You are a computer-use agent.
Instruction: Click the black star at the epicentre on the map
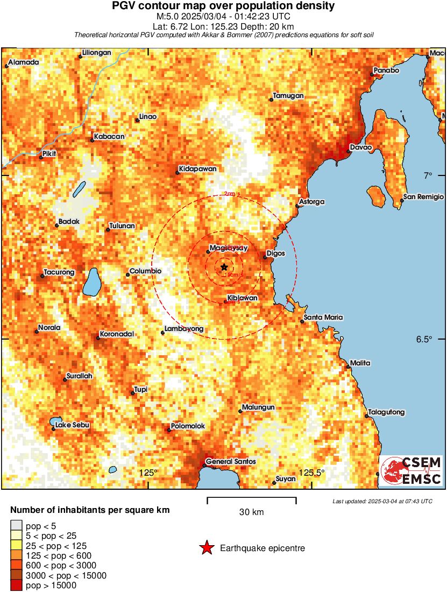[x=224, y=267]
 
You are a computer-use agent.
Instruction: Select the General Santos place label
[x=231, y=462]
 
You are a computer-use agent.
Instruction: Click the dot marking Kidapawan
[x=178, y=173]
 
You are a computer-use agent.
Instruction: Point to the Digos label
[x=276, y=253]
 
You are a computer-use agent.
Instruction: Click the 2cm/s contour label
[x=232, y=194]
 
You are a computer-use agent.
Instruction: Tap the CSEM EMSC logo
[x=411, y=470]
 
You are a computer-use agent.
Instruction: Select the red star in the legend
[x=206, y=548]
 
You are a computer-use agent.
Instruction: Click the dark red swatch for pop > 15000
[x=16, y=585]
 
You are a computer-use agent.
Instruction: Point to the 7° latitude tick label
[x=428, y=175]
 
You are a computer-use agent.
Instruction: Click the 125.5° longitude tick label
[x=312, y=473]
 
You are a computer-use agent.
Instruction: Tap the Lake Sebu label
[x=73, y=425]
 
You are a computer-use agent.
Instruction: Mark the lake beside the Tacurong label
[x=93, y=281]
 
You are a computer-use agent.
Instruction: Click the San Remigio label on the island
[x=424, y=197]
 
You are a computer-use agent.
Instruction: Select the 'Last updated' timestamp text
[x=382, y=501]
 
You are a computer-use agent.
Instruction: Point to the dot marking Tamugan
[x=271, y=99]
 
